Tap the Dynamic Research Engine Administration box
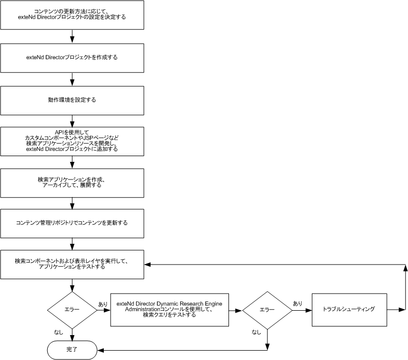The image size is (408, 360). (x=170, y=310)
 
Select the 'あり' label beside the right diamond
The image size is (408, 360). (x=297, y=303)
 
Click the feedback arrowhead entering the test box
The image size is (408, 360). (x=147, y=264)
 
